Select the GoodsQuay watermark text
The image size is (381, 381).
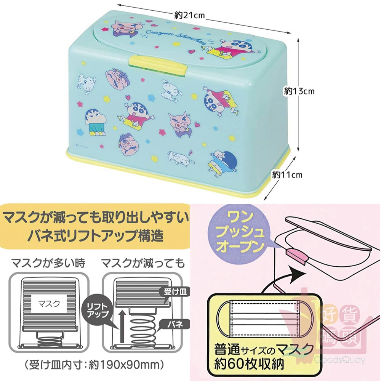[x=340, y=360]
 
